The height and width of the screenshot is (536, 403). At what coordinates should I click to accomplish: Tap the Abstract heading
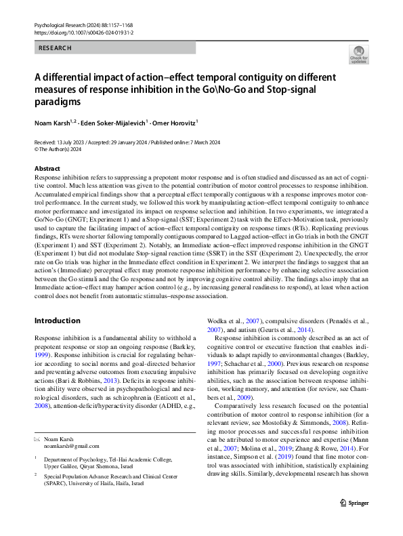click(47, 168)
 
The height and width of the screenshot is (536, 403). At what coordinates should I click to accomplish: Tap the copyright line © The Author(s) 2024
click(62, 149)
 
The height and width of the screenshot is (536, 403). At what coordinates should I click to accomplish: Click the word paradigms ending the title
click(58, 102)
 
